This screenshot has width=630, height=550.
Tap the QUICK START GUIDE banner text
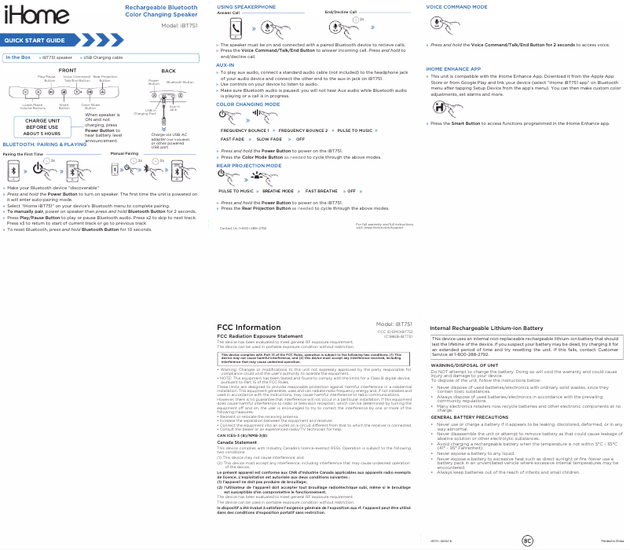pos(35,41)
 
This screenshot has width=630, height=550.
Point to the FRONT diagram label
pos(67,71)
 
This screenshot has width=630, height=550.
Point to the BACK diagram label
pos(168,71)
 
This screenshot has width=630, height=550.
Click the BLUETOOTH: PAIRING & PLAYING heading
pos(45,145)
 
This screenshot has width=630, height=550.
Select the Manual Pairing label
pos(125,154)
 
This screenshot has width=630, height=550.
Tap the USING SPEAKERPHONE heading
pos(247,6)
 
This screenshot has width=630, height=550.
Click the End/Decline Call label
pos(340,13)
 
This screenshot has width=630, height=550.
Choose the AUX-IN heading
pos(225,64)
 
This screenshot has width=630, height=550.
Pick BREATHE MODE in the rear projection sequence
pos(278,191)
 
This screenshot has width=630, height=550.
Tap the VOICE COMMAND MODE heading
pos(456,6)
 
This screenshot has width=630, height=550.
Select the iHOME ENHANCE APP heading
pos(453,69)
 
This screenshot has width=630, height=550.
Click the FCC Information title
pos(248,328)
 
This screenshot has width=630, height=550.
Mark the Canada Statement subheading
pos(236,442)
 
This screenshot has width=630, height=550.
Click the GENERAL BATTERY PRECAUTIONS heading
pos(470,417)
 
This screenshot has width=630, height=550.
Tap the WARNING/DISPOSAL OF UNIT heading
pos(465,366)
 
